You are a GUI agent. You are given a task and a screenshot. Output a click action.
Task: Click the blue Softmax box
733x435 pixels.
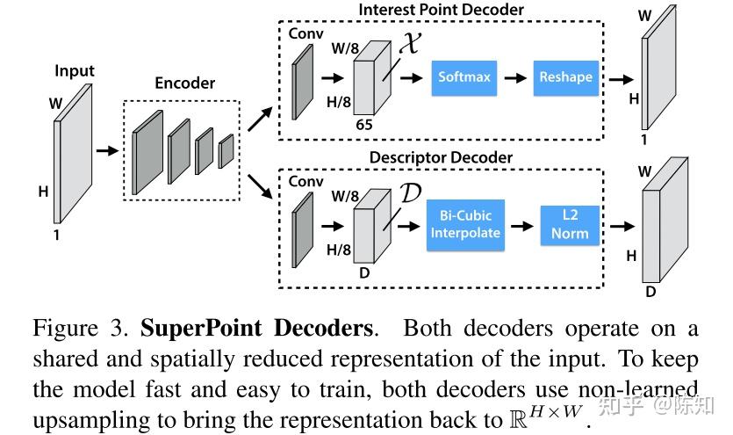pos(464,77)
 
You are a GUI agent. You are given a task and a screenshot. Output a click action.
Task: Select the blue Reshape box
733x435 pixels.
pos(565,77)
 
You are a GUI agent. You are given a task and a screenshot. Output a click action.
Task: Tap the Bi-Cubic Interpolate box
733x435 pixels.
pos(464,224)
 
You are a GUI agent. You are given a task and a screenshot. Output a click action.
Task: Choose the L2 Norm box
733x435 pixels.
pos(570,224)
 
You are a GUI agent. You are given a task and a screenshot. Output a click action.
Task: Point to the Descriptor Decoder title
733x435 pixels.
pos(442,158)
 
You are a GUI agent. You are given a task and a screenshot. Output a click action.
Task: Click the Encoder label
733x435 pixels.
pos(185,83)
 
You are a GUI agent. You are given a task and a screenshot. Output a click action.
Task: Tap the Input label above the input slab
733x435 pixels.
pos(75,70)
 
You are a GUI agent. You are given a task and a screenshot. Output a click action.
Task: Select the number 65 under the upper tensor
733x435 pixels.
pos(363,125)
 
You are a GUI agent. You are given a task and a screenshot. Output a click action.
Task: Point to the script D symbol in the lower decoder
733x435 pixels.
pos(410,192)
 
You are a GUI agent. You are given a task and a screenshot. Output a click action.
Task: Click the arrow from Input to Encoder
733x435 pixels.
pos(106,150)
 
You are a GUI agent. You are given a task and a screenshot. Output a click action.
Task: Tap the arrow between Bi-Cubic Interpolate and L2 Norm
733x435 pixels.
pos(522,225)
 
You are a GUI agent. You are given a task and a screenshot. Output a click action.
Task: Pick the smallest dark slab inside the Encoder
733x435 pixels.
pos(226,150)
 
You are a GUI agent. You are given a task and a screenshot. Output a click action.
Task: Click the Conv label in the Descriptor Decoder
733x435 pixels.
pos(306,182)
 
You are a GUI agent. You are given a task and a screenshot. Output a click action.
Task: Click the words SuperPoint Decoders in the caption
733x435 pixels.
pos(257,330)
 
